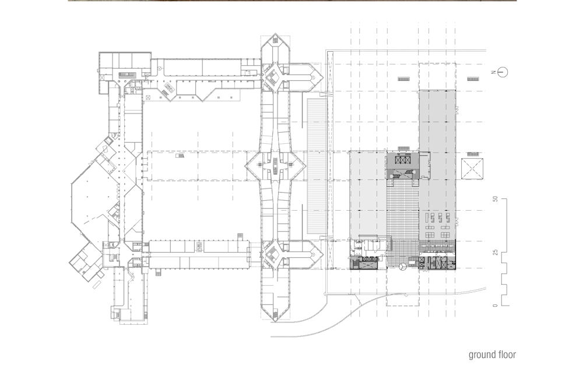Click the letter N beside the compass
(x=493, y=72)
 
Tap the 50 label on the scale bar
(x=495, y=200)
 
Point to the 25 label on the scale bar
(x=495, y=253)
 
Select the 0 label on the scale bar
(x=495, y=306)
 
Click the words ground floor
(x=492, y=354)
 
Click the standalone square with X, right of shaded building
(x=473, y=169)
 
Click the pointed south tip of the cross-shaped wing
(x=275, y=321)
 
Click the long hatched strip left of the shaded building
(x=317, y=165)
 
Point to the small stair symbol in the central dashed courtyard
(x=180, y=157)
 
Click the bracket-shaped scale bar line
(x=504, y=253)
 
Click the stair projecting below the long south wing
(x=159, y=273)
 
